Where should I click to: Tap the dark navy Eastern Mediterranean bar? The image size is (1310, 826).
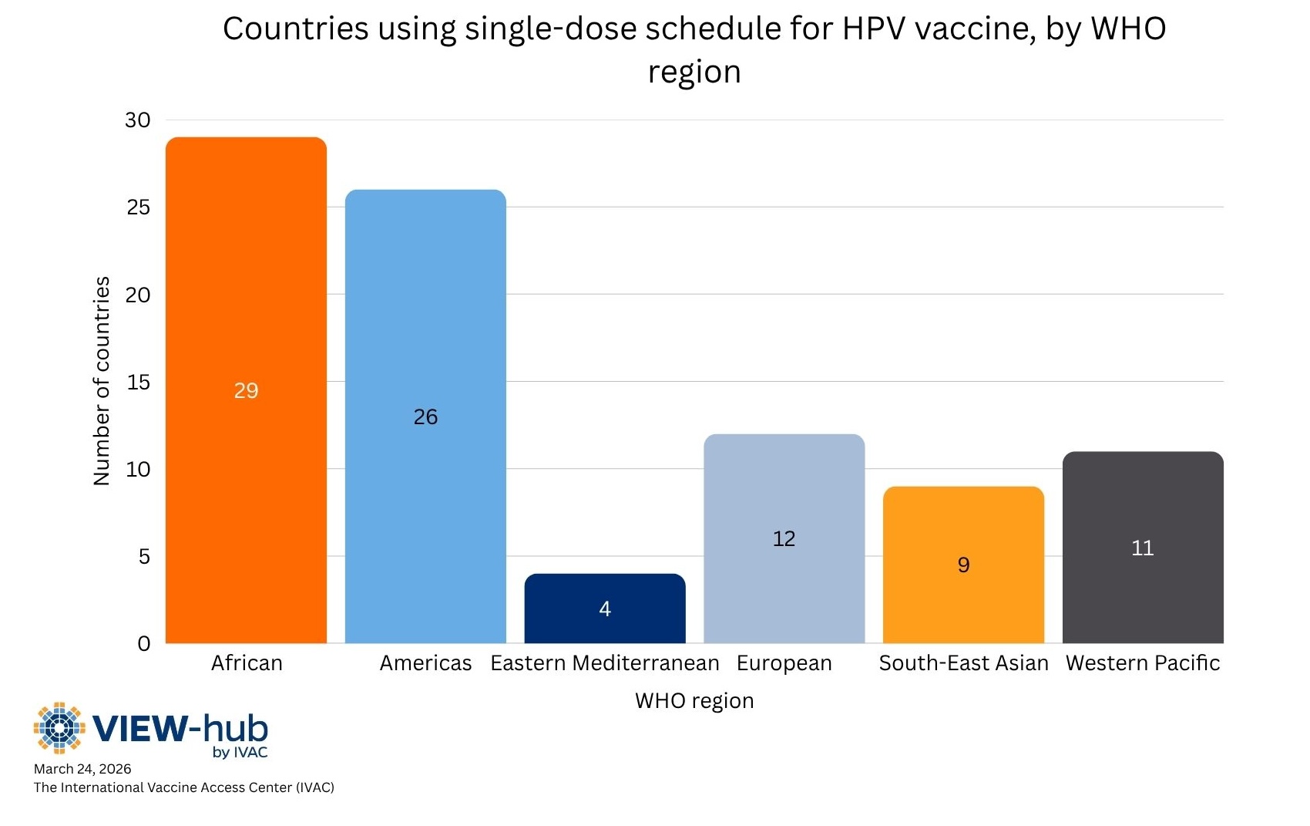(605, 629)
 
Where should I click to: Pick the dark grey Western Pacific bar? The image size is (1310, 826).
(1143, 594)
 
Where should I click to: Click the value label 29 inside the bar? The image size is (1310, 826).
(246, 391)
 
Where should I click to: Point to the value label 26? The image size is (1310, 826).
(425, 417)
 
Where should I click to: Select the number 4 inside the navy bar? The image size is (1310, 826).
(605, 609)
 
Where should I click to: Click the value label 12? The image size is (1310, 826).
(784, 538)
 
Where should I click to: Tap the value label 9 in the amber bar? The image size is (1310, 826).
(963, 565)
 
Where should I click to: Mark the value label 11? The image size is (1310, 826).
(1142, 548)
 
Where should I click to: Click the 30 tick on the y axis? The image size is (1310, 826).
(138, 120)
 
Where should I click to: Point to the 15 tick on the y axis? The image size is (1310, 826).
(138, 383)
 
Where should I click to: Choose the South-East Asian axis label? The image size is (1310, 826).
(963, 663)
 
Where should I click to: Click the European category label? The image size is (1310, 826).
(784, 663)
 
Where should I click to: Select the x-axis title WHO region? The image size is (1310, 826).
(694, 701)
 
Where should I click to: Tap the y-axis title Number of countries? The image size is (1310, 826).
(102, 381)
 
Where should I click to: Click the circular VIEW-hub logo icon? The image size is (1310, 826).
(59, 727)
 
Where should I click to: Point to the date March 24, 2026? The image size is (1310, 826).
(82, 769)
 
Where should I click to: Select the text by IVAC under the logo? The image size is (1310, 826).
(240, 752)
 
